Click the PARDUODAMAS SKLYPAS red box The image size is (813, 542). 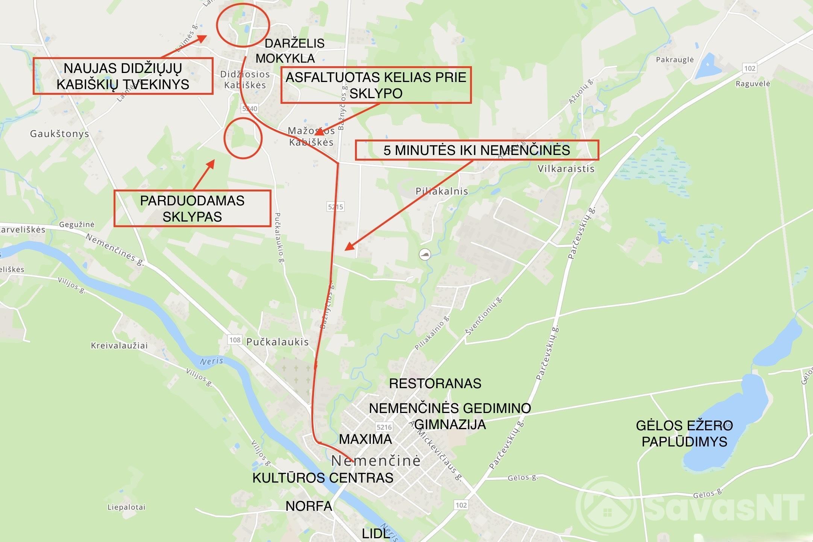pos(192,208)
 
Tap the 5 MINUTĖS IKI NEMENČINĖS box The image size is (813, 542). pos(476,150)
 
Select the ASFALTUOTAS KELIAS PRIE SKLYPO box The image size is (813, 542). pos(376,85)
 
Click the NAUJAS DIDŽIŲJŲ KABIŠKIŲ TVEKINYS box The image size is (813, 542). pos(123,76)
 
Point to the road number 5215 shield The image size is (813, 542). pos(335,206)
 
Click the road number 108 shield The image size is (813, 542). pos(235,340)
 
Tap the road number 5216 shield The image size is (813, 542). pos(384,427)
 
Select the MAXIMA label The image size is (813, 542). pos(365,439)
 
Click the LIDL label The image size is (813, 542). pos(375,533)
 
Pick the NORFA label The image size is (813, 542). pos(309,506)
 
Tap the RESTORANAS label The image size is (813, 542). pos(435,383)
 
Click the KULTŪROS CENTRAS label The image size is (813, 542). pos(323,478)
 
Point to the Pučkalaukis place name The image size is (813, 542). pos(278,342)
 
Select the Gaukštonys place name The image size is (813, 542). pos(59,134)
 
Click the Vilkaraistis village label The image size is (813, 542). pos(566,169)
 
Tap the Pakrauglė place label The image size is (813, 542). pos(675,59)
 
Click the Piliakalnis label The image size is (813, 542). pos(441,191)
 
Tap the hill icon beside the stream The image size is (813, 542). pos(425,255)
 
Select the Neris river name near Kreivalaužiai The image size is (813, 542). pos(211,361)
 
